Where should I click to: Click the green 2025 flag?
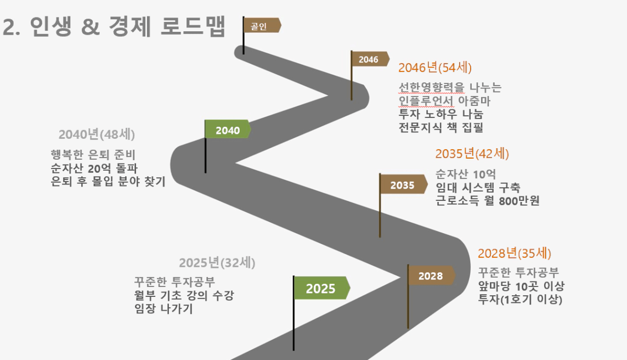point(322,288)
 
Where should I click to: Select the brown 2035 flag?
point(404,184)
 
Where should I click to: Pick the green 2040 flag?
point(228,129)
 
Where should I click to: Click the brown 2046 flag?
point(370,59)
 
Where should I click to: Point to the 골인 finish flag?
point(262,25)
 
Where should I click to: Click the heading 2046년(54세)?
point(435,67)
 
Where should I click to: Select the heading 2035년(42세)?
point(472,153)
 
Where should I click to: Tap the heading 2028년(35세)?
point(514,253)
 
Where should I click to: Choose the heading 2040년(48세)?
point(97,134)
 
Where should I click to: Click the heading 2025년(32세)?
point(217,262)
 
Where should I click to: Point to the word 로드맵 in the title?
point(193,26)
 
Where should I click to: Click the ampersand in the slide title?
point(91,27)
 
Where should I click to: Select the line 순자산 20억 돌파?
point(94,168)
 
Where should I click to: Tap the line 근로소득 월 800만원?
point(488,200)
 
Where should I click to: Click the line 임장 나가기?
point(163,308)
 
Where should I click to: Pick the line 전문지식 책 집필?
point(441,127)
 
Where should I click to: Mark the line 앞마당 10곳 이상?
point(521,285)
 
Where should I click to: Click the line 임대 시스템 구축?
point(478,187)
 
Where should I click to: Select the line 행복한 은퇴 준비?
point(93,154)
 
